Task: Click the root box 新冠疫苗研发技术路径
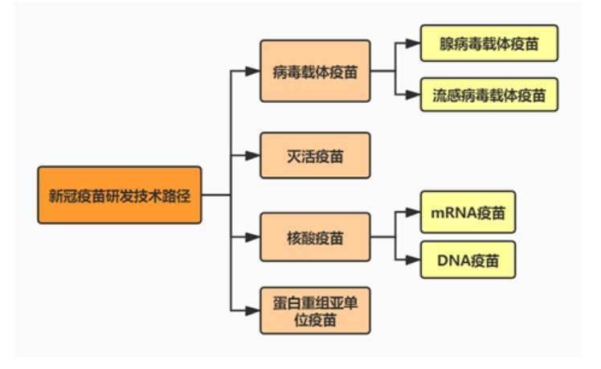click(x=119, y=195)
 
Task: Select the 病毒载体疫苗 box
click(x=315, y=71)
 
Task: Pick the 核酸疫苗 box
click(x=315, y=237)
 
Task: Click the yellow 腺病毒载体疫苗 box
click(x=489, y=43)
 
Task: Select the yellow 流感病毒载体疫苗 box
click(x=489, y=96)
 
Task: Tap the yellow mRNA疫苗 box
click(x=468, y=212)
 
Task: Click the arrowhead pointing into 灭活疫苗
click(x=255, y=154)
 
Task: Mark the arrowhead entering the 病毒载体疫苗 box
click(x=255, y=71)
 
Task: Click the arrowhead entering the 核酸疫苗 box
click(x=255, y=237)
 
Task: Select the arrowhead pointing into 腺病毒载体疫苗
click(x=415, y=43)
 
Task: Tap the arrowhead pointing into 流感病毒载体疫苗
click(x=415, y=96)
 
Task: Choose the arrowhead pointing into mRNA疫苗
click(x=415, y=213)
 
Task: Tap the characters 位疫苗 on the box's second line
click(x=315, y=318)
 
